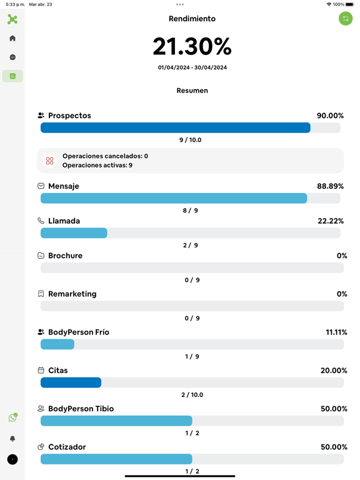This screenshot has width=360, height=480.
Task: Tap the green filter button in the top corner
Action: [346, 19]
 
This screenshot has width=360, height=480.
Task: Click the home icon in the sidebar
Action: [12, 38]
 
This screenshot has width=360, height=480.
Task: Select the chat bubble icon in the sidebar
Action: [12, 57]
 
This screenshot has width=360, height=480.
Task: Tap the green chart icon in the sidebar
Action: [12, 76]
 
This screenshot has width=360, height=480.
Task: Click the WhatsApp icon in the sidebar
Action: [13, 417]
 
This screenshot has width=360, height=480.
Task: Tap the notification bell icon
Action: [12, 439]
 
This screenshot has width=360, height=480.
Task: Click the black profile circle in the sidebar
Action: [12, 459]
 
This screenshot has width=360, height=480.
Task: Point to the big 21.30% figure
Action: [192, 46]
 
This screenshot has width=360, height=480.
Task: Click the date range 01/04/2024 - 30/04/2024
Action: [192, 67]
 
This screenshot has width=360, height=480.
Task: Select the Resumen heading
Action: [192, 91]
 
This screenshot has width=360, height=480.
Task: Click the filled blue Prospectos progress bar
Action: [176, 127]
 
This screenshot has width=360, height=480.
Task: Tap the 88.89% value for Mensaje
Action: [330, 186]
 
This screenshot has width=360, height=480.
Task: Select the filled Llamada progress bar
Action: [74, 233]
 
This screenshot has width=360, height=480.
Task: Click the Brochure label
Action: [66, 256]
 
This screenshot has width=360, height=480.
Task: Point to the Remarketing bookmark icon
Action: [41, 294]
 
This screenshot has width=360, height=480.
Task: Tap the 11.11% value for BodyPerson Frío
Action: [336, 332]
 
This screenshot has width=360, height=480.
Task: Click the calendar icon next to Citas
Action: [41, 371]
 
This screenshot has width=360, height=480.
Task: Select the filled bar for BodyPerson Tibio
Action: [116, 421]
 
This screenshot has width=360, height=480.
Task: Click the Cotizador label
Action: [67, 447]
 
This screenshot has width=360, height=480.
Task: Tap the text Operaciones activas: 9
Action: [97, 165]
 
